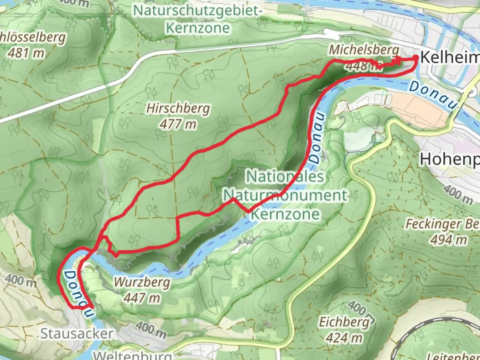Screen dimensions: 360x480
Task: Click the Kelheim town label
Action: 449,58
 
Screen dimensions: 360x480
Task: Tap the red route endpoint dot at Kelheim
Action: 416,58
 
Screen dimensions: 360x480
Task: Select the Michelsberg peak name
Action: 364,50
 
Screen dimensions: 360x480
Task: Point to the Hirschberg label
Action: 178,108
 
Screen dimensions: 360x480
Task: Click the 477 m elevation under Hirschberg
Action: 178,124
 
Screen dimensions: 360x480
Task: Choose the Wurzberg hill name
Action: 142,282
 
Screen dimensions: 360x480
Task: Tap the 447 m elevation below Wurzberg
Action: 142,298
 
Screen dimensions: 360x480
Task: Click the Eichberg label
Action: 344,322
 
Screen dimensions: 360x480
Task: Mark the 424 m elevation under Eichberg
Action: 344,338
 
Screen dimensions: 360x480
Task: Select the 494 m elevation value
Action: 448,239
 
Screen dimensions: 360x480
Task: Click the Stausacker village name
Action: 77,333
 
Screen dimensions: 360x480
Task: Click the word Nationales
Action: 285,176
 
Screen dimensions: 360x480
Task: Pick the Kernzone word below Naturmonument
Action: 285,214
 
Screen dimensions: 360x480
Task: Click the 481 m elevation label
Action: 26,53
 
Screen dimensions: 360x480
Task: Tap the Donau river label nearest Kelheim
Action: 432,95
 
